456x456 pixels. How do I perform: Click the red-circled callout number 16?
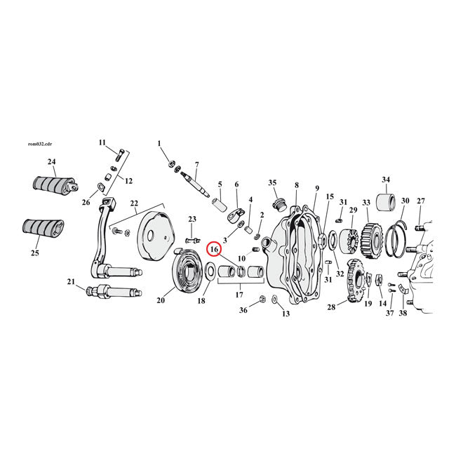point(215,248)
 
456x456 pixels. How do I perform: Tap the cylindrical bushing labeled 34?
point(385,204)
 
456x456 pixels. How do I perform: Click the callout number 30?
point(405,201)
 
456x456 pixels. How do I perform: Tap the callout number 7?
point(196,163)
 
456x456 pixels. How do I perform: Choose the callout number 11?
point(102,143)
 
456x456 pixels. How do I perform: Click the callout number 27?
point(421,201)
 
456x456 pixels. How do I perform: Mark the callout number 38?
point(403,313)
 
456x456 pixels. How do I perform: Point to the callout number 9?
point(317,187)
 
